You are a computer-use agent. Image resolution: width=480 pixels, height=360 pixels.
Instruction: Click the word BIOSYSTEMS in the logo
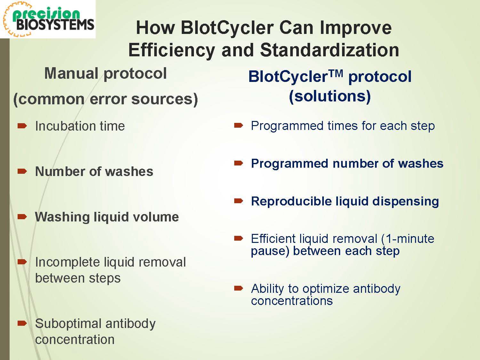(x=55, y=25)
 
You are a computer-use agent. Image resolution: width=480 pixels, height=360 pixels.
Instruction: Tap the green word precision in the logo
(x=46, y=14)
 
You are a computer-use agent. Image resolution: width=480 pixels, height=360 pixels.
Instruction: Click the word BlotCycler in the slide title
(x=227, y=28)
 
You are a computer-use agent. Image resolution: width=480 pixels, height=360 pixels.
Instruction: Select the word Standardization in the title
(x=330, y=50)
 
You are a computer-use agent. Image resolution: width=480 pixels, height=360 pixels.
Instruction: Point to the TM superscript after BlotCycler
(x=336, y=74)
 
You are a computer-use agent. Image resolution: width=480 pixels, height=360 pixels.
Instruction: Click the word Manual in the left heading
(x=71, y=73)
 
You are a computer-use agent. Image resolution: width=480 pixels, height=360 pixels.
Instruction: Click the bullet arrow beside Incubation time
(x=22, y=126)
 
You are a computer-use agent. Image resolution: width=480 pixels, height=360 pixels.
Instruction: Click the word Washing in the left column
(x=62, y=217)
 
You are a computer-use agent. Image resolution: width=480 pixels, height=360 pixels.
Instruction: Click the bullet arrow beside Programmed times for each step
(x=239, y=125)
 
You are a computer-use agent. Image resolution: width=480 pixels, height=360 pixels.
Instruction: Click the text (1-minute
(x=407, y=238)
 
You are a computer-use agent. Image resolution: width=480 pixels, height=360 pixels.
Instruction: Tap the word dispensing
(x=405, y=202)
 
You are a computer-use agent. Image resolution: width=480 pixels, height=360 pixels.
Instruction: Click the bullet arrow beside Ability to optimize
(x=239, y=288)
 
